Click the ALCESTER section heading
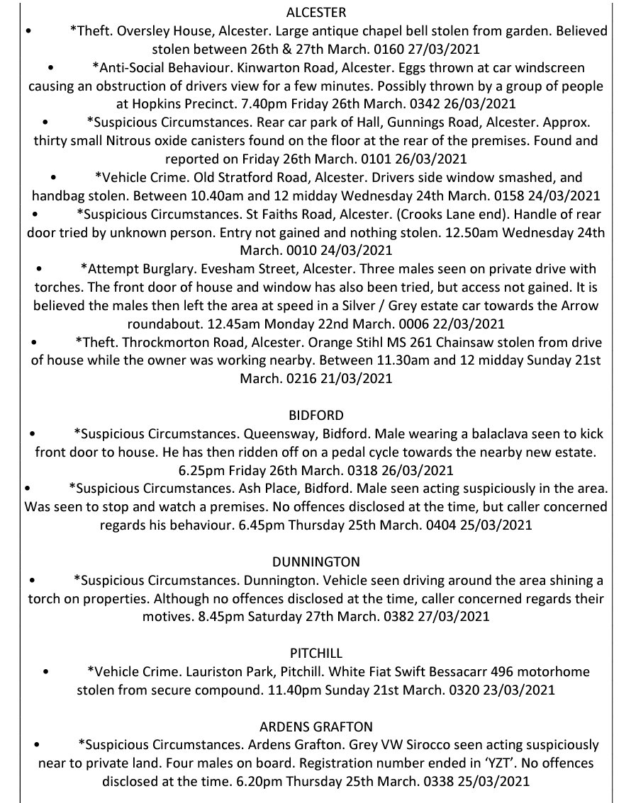pos(315,13)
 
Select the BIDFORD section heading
pos(315,415)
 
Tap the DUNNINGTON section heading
pos(315,562)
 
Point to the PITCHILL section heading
pos(315,651)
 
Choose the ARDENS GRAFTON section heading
pos(315,727)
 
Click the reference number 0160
pos(389,50)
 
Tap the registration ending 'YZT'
pos(464,764)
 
